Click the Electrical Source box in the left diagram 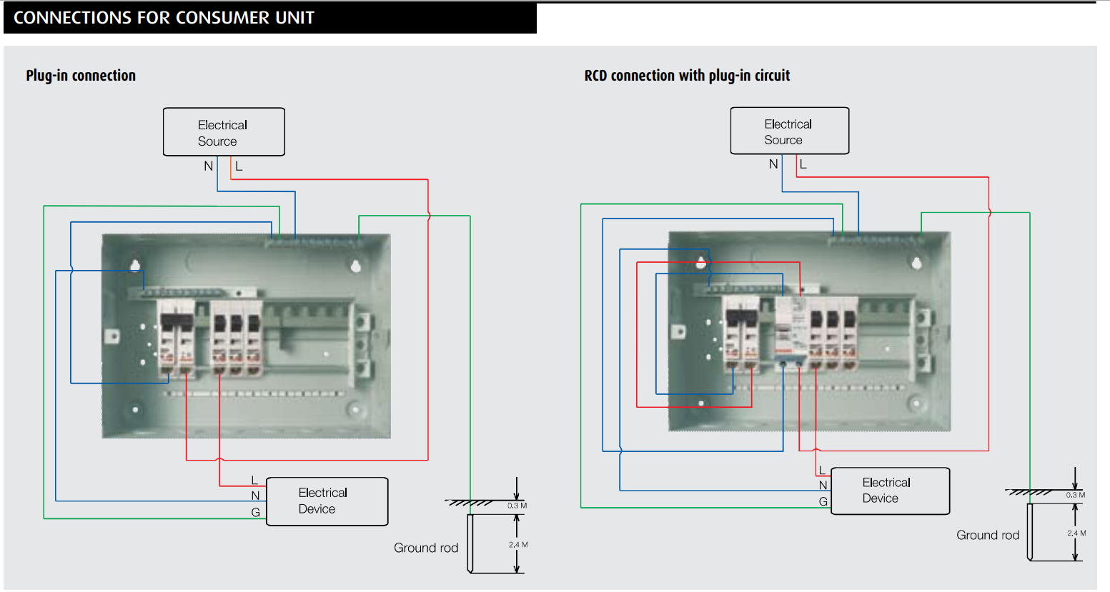pos(224,132)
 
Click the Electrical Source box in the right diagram pos(789,131)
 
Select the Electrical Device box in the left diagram pos(327,501)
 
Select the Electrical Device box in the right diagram pos(890,491)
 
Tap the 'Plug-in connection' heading pos(81,76)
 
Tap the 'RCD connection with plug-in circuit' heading pos(687,76)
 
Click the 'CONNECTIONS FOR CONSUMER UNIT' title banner pos(164,18)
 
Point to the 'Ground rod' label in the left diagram pos(426,548)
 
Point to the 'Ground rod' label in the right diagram pos(988,535)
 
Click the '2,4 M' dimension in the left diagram pos(518,545)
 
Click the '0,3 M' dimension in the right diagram pos(1075,495)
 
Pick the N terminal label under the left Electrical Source pos(208,166)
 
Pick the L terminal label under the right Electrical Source pos(803,164)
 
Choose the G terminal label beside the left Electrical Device pos(255,512)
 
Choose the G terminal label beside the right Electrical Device pos(823,502)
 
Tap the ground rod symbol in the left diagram pos(470,543)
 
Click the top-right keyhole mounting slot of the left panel pos(355,266)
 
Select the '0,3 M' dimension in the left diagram pos(517,506)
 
